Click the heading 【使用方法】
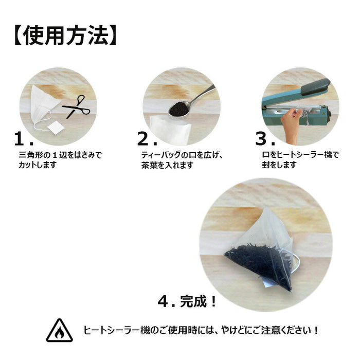pos(66,36)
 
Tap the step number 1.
pos(24,139)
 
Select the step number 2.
pos(147,139)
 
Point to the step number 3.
pos(265,139)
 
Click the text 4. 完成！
pos(187,301)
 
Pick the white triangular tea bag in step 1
pos(43,103)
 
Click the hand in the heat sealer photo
pos(291,125)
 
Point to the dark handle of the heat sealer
pos(316,87)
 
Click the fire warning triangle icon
pos(60,330)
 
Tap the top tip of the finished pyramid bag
pos(266,208)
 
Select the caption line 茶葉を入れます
pos(167,165)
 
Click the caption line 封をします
pos(279,165)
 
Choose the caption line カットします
pos(38,165)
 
